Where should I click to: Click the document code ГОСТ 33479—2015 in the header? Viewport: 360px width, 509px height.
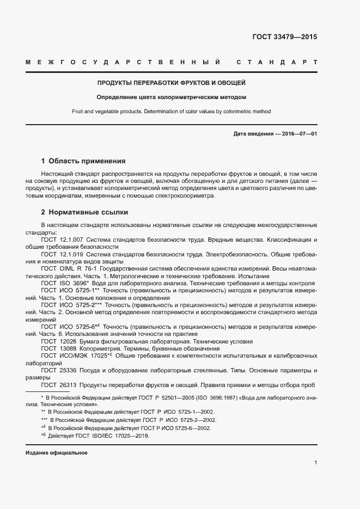click(x=284, y=37)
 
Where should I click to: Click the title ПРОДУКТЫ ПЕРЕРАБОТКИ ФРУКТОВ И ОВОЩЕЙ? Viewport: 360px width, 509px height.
click(x=172, y=83)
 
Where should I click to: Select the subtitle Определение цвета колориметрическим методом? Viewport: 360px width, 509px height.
click(x=172, y=97)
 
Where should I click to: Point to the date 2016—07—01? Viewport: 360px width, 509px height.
click(x=299, y=134)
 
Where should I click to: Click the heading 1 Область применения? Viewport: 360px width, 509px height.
click(x=83, y=161)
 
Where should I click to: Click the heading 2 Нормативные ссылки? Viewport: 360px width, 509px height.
click(x=84, y=212)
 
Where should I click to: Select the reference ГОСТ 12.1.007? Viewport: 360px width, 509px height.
click(x=62, y=240)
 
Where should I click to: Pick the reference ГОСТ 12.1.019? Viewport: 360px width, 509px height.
click(x=62, y=254)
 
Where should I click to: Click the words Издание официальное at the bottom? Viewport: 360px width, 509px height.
click(x=57, y=453)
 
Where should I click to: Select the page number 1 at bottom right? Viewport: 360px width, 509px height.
click(x=315, y=463)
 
